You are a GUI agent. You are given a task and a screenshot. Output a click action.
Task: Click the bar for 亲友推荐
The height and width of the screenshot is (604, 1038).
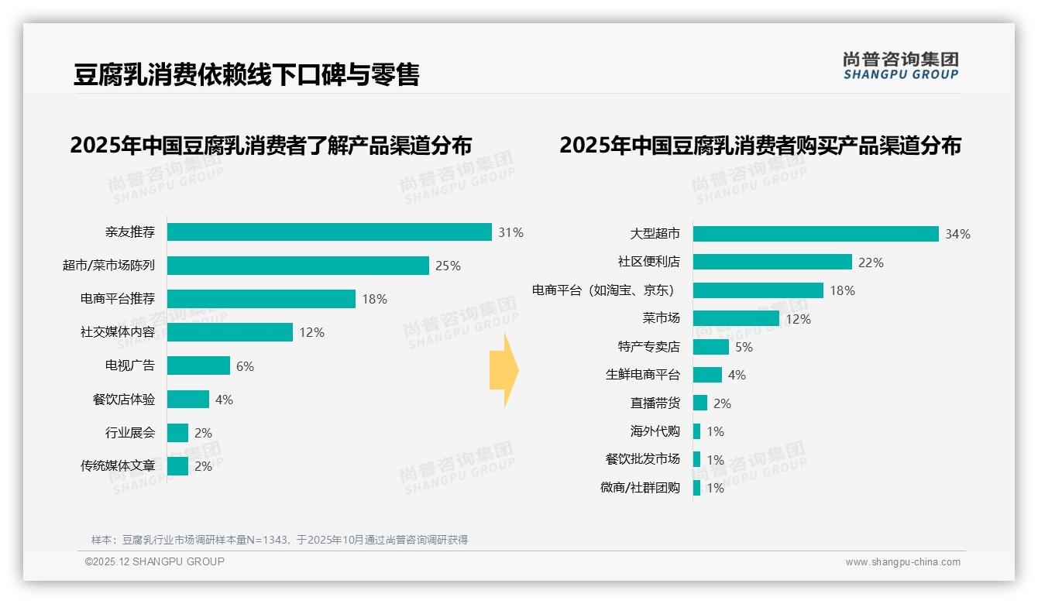coord(329,232)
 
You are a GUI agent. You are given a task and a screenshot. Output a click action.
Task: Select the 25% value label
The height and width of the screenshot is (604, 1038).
coord(448,266)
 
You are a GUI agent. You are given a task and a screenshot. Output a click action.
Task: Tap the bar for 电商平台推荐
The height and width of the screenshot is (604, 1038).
coord(261,299)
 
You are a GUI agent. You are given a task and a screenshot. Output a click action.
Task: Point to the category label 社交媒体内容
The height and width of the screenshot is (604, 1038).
coord(118,332)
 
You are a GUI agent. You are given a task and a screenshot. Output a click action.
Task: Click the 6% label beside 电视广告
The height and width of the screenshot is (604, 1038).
coord(245,366)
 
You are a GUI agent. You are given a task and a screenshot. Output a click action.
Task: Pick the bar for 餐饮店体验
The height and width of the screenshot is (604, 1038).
coord(188,400)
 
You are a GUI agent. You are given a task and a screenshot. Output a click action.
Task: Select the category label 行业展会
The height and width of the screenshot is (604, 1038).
coord(130,433)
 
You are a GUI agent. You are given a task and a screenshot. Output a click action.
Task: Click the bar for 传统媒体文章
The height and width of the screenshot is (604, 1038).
coord(177,466)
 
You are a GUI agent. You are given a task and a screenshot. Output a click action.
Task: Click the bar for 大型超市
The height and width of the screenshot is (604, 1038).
coord(816,234)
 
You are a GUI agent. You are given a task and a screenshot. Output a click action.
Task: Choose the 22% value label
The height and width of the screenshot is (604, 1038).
coord(871,263)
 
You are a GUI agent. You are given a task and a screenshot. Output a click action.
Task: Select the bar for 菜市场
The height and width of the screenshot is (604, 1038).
coord(736,318)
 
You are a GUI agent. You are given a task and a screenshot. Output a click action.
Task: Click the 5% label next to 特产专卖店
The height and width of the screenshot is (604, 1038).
coord(744,347)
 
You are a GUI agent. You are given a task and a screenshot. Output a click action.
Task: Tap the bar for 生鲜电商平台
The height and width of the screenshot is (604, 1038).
coord(707,375)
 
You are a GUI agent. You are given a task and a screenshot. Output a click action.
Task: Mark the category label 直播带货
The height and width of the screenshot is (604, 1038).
coord(655,403)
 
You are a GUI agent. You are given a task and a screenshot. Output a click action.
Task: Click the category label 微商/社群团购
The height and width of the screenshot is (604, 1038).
coord(640,488)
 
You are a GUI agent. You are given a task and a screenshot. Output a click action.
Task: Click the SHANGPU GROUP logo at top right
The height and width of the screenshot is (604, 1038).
coord(900,66)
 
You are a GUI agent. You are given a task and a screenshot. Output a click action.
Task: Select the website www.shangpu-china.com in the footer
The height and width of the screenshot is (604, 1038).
coord(902,562)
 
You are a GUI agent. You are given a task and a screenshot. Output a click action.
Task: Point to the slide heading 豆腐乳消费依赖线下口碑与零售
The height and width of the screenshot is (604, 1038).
coord(246,74)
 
